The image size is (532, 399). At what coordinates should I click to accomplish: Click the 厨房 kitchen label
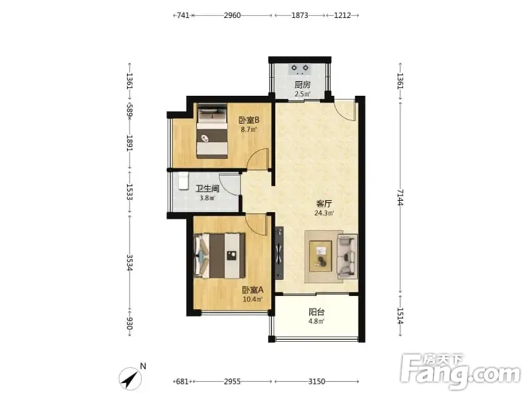302,84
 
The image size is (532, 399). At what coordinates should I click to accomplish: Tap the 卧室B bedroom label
249,120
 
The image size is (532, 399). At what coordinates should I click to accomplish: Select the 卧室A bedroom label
253,290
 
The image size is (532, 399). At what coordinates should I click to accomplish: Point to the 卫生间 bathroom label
207,189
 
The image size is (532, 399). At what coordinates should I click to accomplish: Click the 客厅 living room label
324,204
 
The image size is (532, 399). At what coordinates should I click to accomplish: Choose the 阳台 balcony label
317,312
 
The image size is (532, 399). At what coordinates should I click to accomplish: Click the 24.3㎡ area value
324,213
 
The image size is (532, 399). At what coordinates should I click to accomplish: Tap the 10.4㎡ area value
253,300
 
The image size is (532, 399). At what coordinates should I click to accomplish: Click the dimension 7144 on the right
400,198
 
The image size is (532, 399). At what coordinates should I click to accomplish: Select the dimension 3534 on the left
129,263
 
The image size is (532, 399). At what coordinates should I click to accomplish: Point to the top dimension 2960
232,15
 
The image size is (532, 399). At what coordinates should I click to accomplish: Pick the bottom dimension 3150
317,382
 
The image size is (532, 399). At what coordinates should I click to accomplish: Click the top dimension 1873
300,15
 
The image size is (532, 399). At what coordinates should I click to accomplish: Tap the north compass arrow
130,378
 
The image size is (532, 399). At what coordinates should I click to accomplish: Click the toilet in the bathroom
184,181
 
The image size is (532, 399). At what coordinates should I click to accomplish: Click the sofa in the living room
347,257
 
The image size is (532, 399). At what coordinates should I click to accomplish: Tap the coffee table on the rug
321,256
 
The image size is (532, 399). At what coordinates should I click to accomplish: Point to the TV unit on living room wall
279,253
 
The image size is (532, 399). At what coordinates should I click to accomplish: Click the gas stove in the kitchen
300,69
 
